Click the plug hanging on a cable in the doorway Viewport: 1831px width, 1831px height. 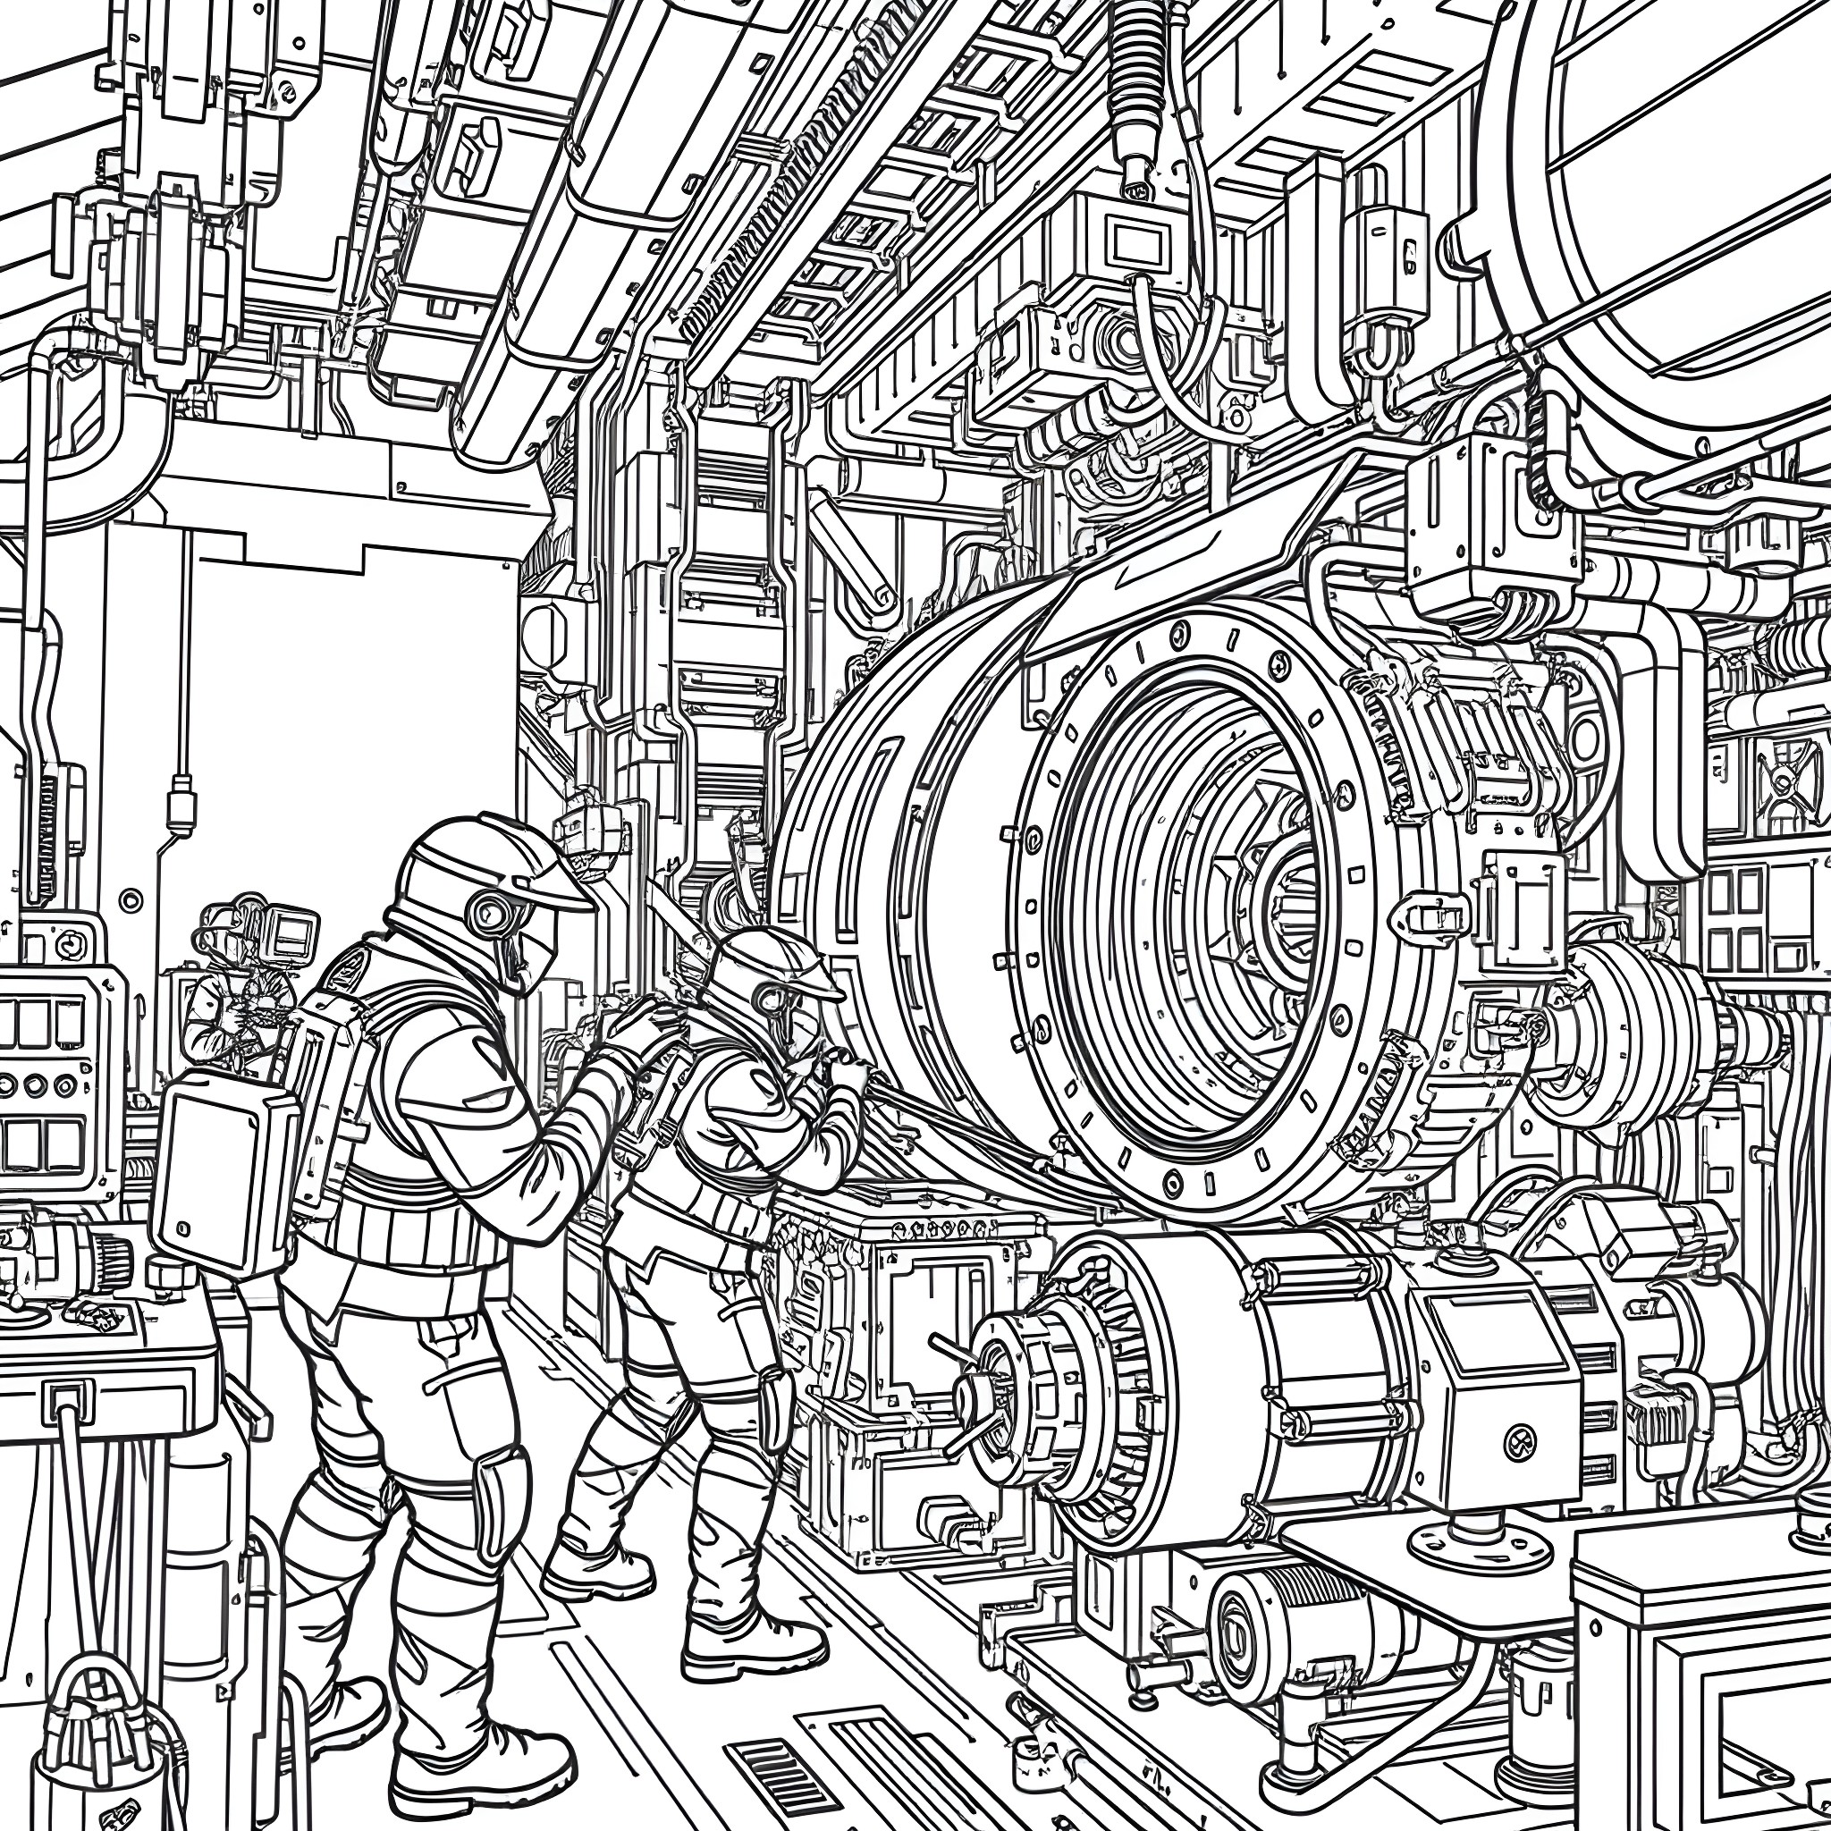(179, 808)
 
